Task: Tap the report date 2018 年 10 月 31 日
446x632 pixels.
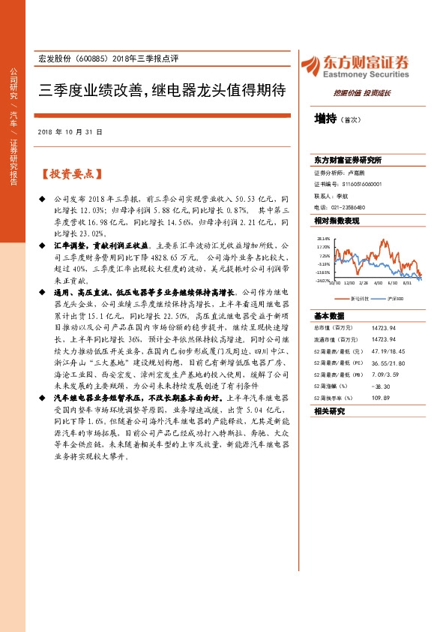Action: coord(69,131)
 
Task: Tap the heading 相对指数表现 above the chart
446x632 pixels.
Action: coord(337,221)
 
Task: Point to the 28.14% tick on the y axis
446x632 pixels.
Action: coord(323,238)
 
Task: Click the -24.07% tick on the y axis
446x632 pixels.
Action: coord(323,281)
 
